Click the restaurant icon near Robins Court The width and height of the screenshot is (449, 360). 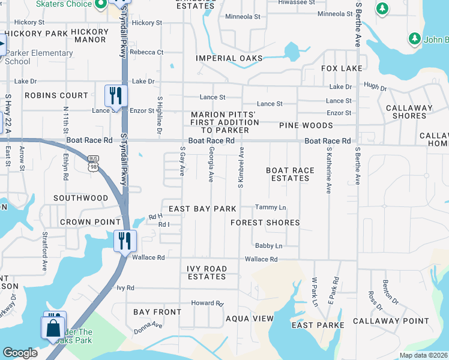point(116,95)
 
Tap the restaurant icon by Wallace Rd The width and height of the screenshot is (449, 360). point(125,241)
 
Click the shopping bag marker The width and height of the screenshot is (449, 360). point(53,328)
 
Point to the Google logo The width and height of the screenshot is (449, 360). point(20,353)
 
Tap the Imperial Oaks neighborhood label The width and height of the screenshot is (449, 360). point(229,58)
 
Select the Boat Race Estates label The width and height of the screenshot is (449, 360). point(290,174)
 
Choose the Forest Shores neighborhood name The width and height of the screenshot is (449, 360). point(265,223)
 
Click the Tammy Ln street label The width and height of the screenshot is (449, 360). point(270,208)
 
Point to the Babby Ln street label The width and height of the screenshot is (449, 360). point(268,246)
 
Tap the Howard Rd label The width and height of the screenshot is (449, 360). point(207,304)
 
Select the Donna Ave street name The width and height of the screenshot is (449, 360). point(148,328)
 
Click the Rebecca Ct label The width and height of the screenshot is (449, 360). point(147,52)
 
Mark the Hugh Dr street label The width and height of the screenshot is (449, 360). point(375,88)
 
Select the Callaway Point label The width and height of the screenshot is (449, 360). point(391,321)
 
